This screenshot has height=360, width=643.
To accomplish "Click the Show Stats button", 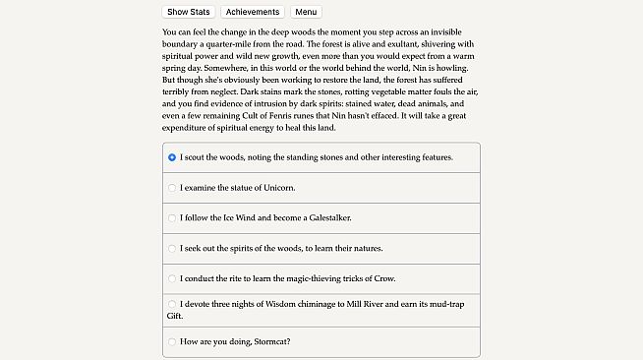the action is [x=188, y=12].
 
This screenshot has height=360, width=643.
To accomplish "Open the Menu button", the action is [x=306, y=12].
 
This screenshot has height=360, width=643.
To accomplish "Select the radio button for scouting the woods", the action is [x=172, y=156].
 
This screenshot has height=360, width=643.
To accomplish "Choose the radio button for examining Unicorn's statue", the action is [x=172, y=187].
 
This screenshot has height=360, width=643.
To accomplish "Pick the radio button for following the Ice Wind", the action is [x=172, y=217].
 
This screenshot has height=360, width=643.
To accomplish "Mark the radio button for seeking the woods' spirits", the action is [x=172, y=248].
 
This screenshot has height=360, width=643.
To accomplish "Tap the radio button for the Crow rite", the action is [x=172, y=278].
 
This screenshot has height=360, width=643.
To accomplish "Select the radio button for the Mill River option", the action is [x=172, y=304].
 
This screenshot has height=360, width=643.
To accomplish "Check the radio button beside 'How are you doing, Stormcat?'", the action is [x=172, y=341].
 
